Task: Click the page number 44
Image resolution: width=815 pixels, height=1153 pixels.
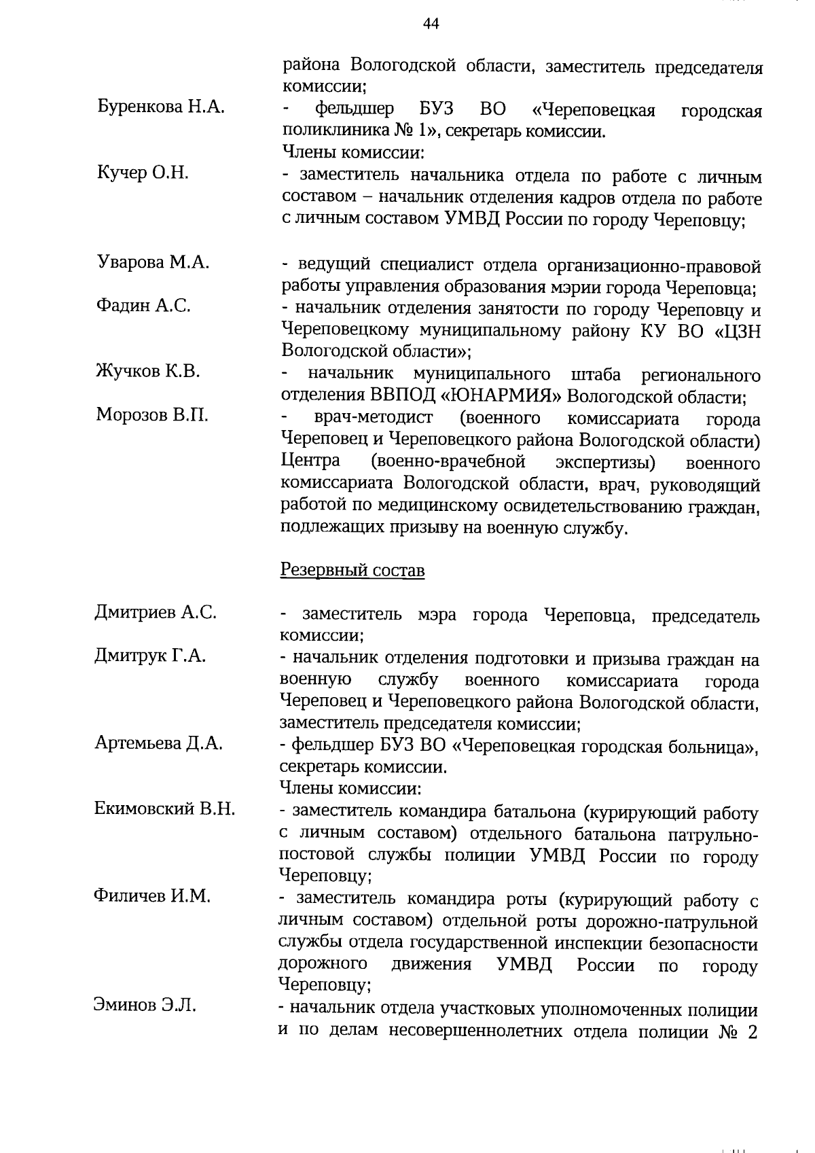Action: coord(431,24)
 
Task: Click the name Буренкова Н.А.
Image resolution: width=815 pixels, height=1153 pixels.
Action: coord(160,107)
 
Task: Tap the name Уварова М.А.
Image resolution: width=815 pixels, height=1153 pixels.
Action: coord(153,262)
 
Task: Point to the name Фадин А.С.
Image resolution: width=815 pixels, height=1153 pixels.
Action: coord(143,306)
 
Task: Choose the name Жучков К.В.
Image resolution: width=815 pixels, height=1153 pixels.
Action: coord(148,372)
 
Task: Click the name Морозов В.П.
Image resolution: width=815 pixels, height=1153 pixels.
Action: coord(152,414)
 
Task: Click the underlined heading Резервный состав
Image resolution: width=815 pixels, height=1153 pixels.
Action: coord(352,570)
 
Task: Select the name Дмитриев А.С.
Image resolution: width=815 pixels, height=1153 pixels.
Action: coord(156,613)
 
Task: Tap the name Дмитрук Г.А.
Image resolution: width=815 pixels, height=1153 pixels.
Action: coord(150,656)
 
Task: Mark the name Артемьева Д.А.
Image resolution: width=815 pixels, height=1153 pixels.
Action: coord(158,743)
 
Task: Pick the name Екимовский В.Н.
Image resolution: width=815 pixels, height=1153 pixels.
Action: coord(165,809)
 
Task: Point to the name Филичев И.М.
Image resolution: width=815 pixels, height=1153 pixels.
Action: coord(152,896)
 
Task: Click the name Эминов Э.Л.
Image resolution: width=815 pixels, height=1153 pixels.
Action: coord(145,1006)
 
